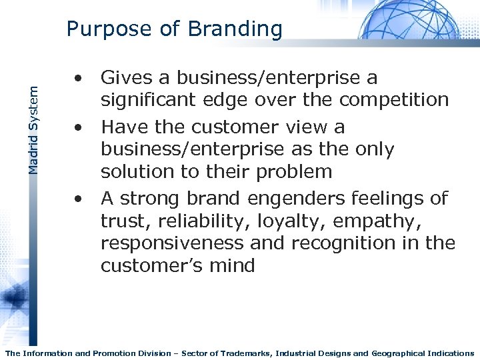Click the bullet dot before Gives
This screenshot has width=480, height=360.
(79, 79)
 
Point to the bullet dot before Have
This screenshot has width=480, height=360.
(79, 127)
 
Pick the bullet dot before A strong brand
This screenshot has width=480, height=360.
(79, 199)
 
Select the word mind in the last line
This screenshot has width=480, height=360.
(233, 265)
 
